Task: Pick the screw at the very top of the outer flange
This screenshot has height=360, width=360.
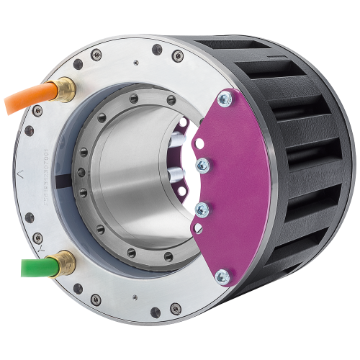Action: click(x=157, y=49)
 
